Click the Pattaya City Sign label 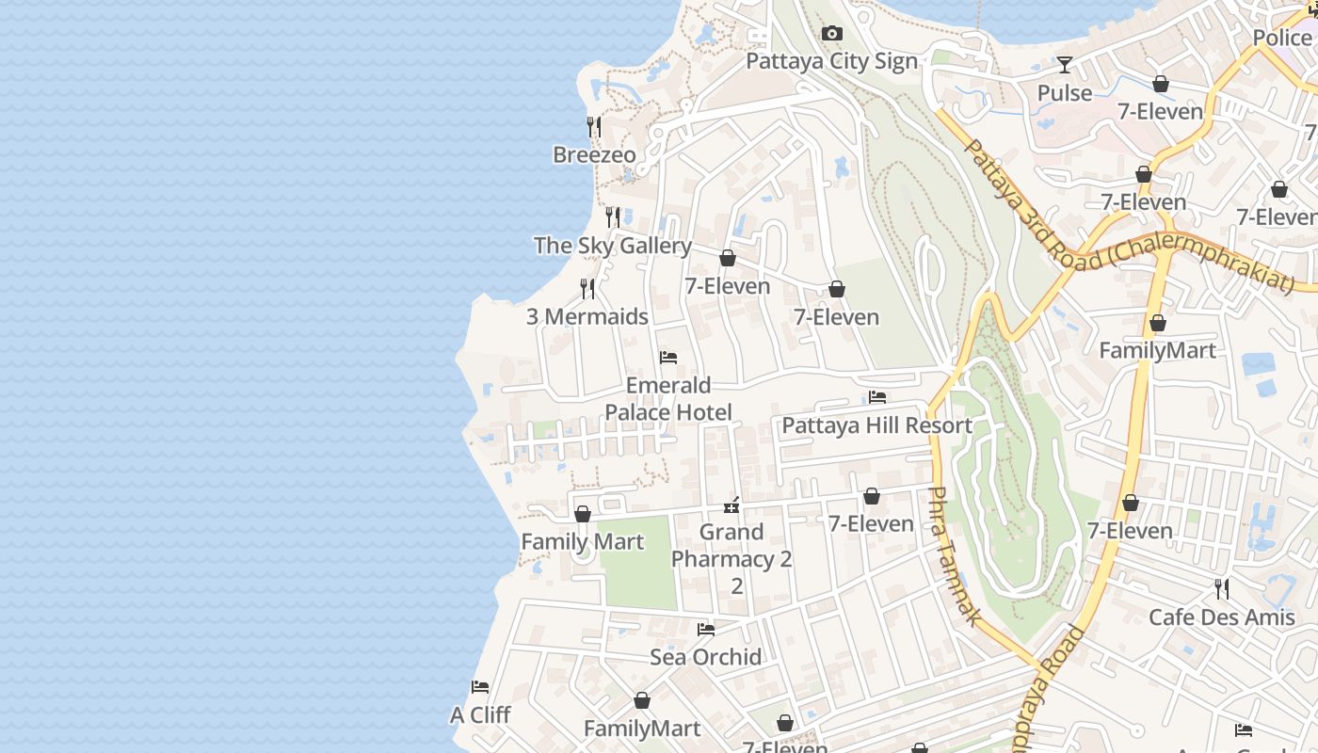[x=831, y=61]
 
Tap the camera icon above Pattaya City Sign [x=831, y=34]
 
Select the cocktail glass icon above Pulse [x=1065, y=65]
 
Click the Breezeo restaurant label [x=594, y=154]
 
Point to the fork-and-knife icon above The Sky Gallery [x=613, y=217]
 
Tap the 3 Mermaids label [x=587, y=316]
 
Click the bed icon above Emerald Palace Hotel [x=668, y=358]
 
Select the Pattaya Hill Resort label [x=876, y=425]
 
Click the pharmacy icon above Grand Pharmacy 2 [x=731, y=505]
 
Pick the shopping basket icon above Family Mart [x=583, y=515]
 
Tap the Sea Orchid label [x=705, y=657]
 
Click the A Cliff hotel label [x=480, y=715]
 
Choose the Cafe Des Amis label [x=1221, y=617]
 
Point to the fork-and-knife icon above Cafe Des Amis [x=1221, y=590]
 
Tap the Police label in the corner [x=1281, y=38]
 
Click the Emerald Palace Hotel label [x=668, y=399]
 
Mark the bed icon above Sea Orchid [x=705, y=630]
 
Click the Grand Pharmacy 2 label [x=731, y=558]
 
